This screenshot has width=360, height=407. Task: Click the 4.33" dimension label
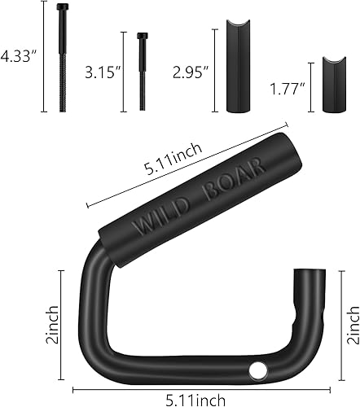(18, 58)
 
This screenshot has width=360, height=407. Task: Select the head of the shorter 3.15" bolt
(143, 37)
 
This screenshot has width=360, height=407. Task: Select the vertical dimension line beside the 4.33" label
(42, 58)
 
